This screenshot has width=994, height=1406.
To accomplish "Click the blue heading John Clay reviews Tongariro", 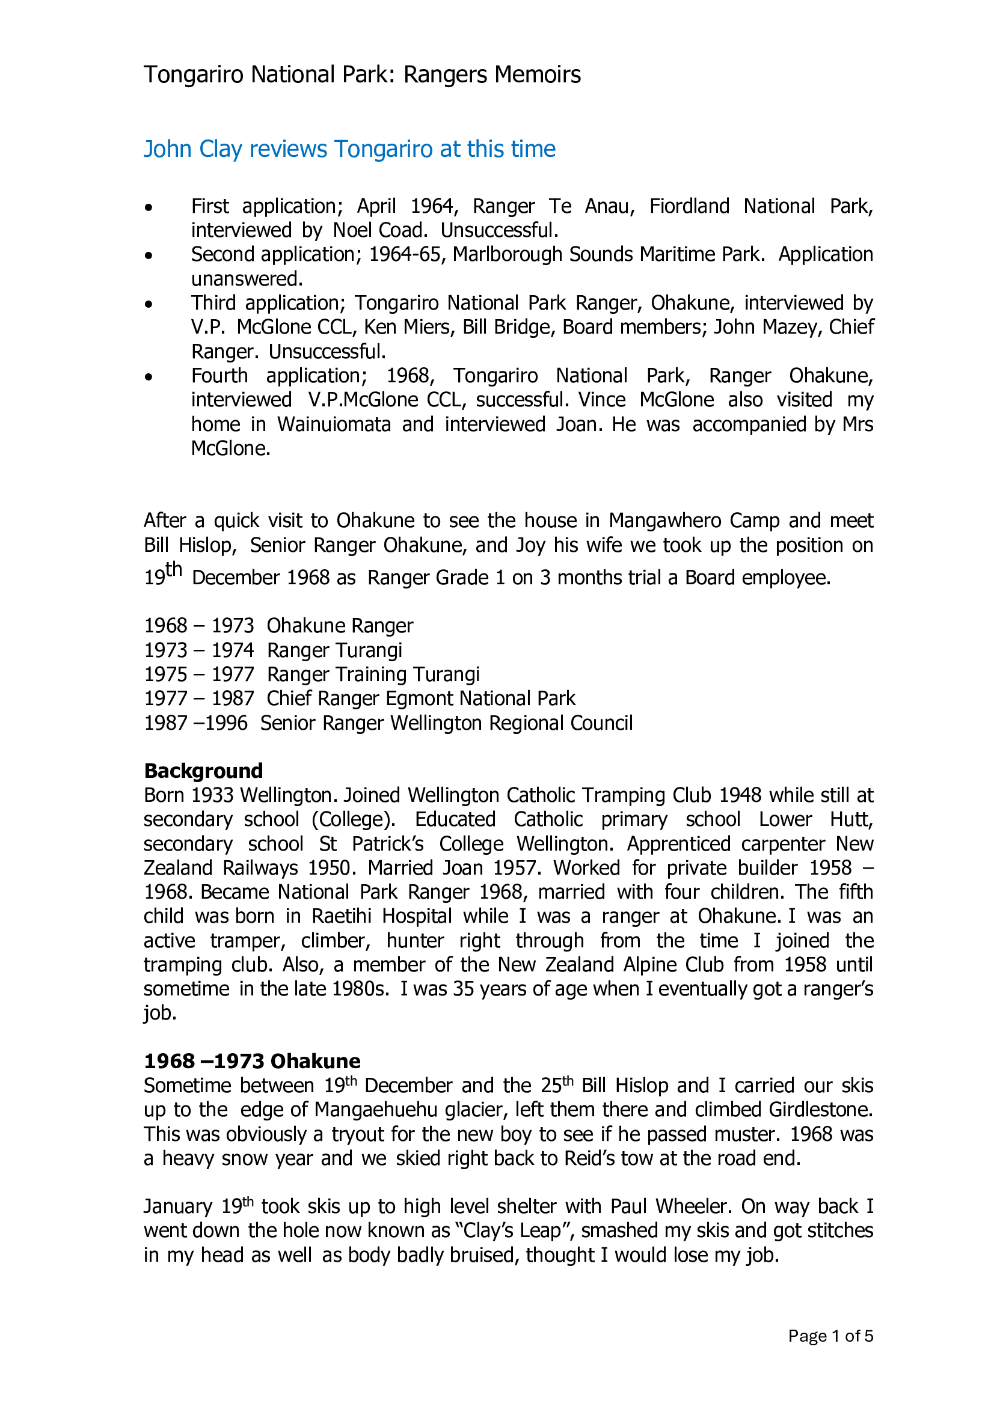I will click(x=349, y=150).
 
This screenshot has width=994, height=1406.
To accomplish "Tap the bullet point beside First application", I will click(x=149, y=207).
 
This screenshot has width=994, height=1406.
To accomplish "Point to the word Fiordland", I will click(x=689, y=206).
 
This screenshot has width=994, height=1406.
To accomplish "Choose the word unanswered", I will click(x=247, y=279).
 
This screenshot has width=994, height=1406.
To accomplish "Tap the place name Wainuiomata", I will click(x=334, y=424).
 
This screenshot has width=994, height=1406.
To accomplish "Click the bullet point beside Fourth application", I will click(x=149, y=377).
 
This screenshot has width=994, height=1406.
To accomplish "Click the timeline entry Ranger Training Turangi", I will click(x=373, y=674).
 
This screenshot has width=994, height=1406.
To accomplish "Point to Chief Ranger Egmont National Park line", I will click(x=421, y=698).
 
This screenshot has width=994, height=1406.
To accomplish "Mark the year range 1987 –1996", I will click(x=195, y=723).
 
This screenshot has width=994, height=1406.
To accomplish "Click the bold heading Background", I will click(x=203, y=771).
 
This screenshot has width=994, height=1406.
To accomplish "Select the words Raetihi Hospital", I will click(x=382, y=916).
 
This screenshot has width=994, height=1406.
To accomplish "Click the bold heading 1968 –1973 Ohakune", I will click(x=252, y=1061).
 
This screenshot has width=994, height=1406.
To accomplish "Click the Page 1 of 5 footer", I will click(x=830, y=1336).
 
